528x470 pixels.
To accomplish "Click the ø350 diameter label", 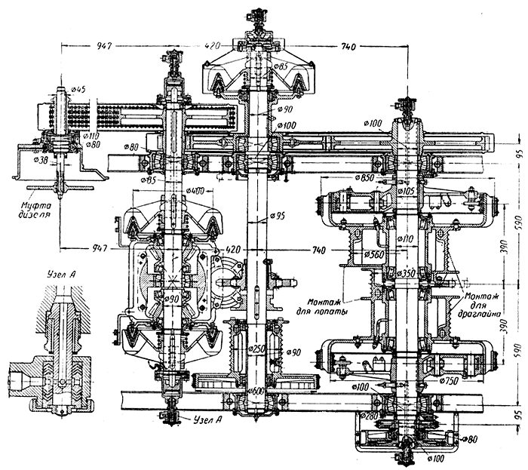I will click(408, 272).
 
